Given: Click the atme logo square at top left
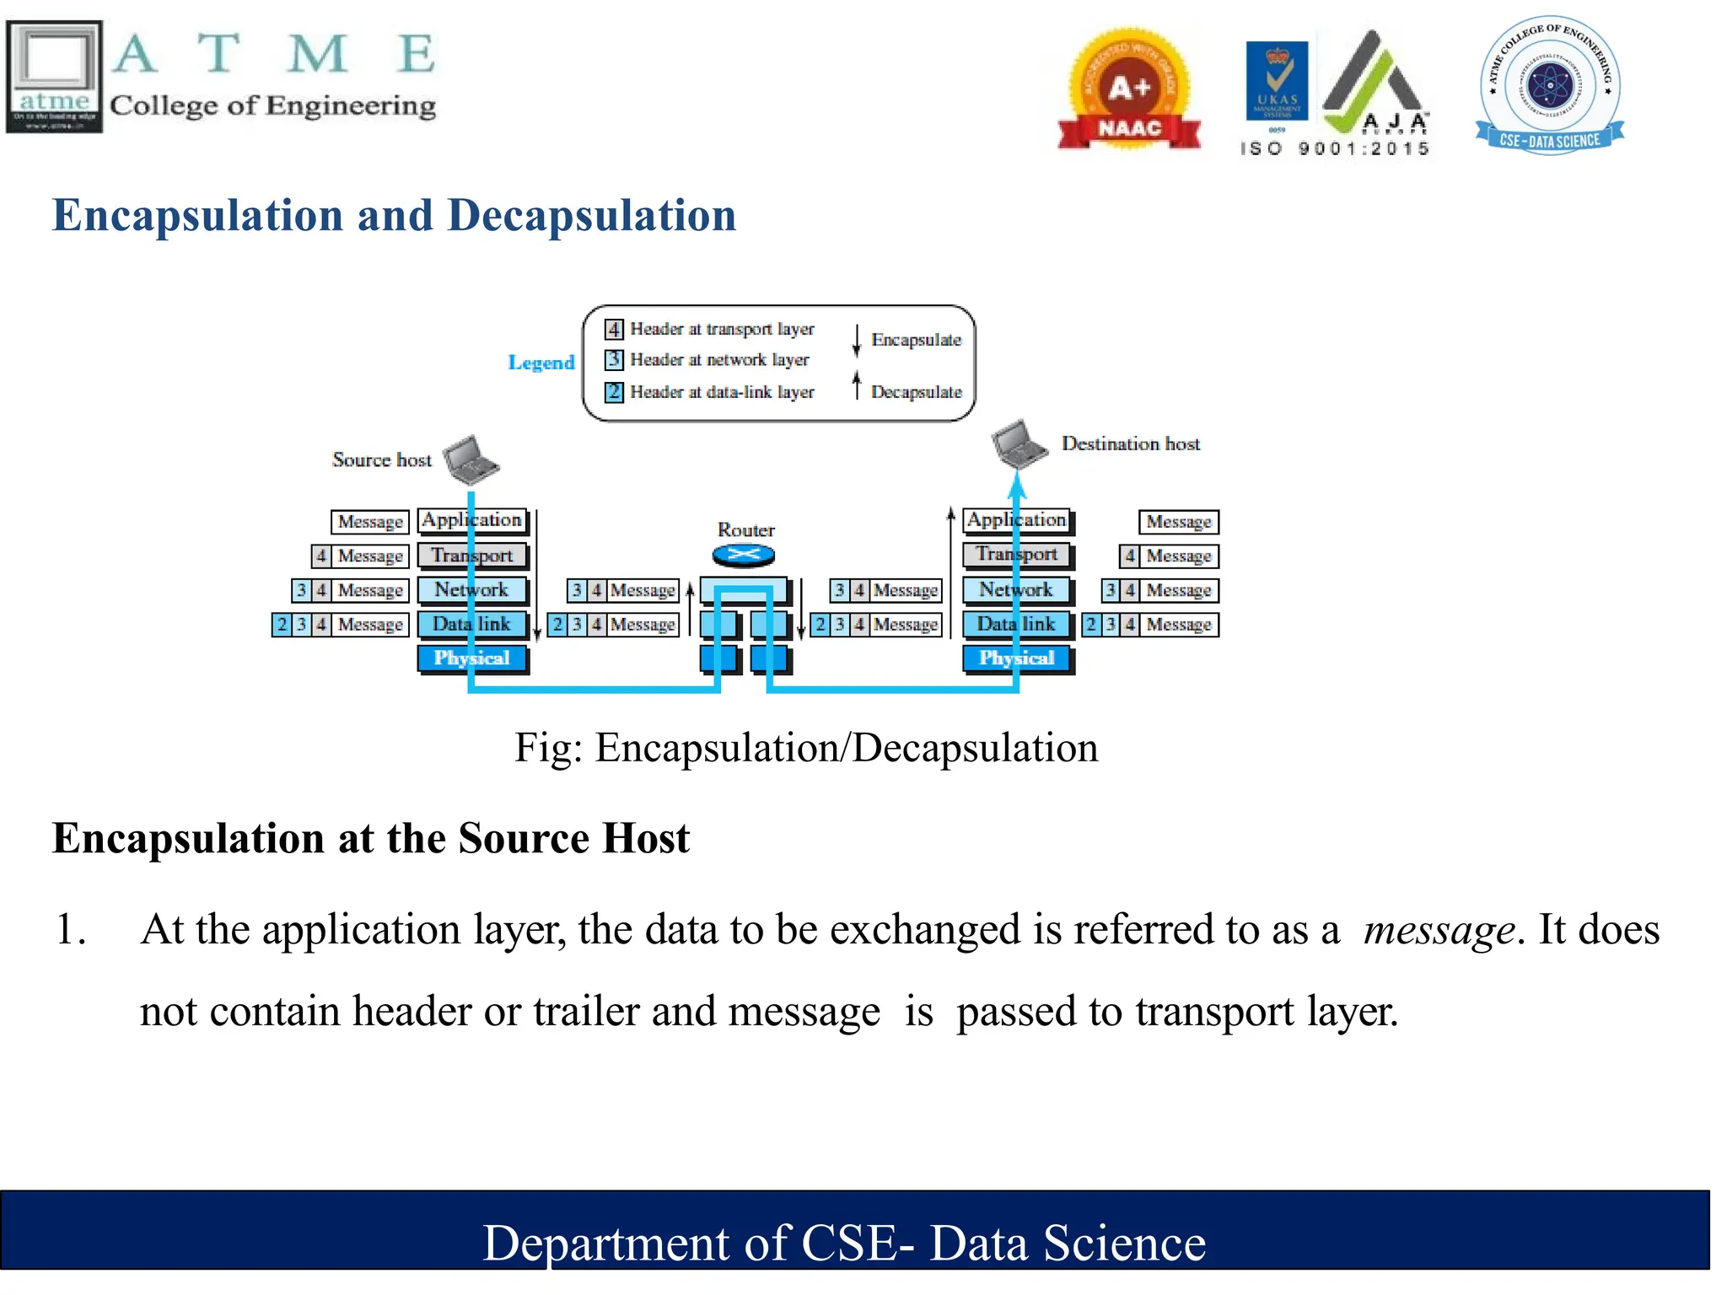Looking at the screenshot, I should [55, 76].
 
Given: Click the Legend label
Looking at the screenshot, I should [541, 363].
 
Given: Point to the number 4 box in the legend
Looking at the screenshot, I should [614, 329].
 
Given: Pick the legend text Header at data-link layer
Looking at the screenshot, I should [722, 392].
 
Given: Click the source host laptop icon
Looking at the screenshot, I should [471, 459].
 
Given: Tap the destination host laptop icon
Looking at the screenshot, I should [1020, 443].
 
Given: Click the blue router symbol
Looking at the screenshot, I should [743, 555].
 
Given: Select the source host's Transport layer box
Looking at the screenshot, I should [472, 556].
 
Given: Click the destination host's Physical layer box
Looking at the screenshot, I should [1017, 658].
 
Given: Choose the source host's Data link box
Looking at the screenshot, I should [472, 625].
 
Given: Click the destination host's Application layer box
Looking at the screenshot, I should [1017, 520].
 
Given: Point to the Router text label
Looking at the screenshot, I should [745, 530].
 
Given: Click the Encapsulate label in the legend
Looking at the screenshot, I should [916, 340].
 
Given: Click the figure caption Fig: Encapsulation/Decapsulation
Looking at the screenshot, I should [806, 748].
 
